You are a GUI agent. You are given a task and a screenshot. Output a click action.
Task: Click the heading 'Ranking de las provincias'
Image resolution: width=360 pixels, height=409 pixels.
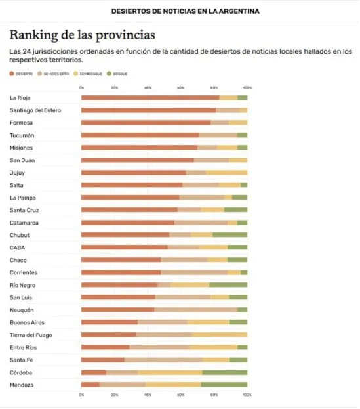pyautogui.click(x=83, y=35)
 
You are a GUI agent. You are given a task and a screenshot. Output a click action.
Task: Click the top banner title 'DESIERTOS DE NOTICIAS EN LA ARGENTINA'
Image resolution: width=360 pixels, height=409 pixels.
pyautogui.click(x=185, y=11)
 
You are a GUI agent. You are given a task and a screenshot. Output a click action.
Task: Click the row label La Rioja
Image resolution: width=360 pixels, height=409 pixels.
pyautogui.click(x=21, y=98)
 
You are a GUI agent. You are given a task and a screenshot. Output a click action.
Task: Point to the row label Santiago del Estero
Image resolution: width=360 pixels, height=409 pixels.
pyautogui.click(x=35, y=110)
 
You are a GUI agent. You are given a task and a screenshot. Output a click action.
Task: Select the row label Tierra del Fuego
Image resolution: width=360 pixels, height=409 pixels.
pyautogui.click(x=31, y=335)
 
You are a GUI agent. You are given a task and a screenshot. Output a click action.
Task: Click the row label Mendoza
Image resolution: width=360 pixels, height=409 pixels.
pyautogui.click(x=22, y=385)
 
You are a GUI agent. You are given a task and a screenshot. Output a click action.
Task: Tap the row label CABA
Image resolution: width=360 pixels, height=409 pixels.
pyautogui.click(x=18, y=248)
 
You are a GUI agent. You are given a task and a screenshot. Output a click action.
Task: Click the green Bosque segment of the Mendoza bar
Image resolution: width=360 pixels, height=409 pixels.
pyautogui.click(x=224, y=385)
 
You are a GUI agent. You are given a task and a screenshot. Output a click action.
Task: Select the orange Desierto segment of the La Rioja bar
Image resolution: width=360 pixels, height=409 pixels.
pyautogui.click(x=150, y=98)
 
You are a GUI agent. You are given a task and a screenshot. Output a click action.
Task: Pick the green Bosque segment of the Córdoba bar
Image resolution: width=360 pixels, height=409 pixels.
pyautogui.click(x=225, y=372)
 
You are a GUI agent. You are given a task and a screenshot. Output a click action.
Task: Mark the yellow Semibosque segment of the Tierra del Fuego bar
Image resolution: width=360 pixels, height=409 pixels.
pyautogui.click(x=220, y=335)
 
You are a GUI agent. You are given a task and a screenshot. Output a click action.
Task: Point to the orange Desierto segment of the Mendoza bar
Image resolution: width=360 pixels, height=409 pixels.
pyautogui.click(x=90, y=385)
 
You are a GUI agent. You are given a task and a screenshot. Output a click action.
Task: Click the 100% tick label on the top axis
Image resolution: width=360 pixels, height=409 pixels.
pyautogui.click(x=247, y=87)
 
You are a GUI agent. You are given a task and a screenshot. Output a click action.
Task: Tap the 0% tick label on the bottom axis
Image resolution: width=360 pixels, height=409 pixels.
pyautogui.click(x=81, y=395)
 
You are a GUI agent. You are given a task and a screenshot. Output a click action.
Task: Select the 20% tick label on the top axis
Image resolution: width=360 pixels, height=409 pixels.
pyautogui.click(x=114, y=87)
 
